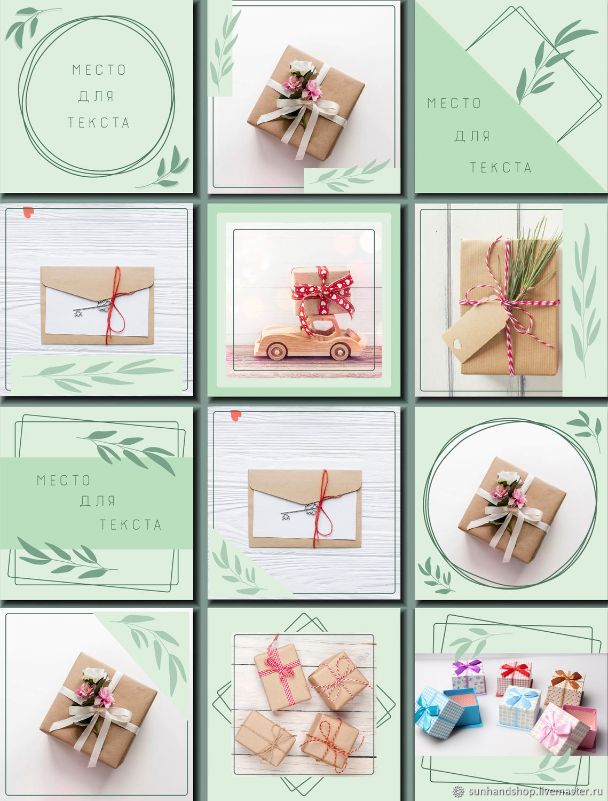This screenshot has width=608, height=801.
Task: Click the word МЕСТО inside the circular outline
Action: pyautogui.click(x=99, y=70)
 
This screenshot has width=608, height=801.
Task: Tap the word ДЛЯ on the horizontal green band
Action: pyautogui.click(x=97, y=501)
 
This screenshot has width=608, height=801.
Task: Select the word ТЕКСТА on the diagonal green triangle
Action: pyautogui.click(x=500, y=168)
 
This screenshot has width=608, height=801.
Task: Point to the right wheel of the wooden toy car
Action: pyautogui.click(x=339, y=351)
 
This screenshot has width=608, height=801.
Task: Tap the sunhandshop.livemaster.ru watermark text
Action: pyautogui.click(x=535, y=791)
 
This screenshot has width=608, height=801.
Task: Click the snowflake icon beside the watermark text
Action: pyautogui.click(x=458, y=791)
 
